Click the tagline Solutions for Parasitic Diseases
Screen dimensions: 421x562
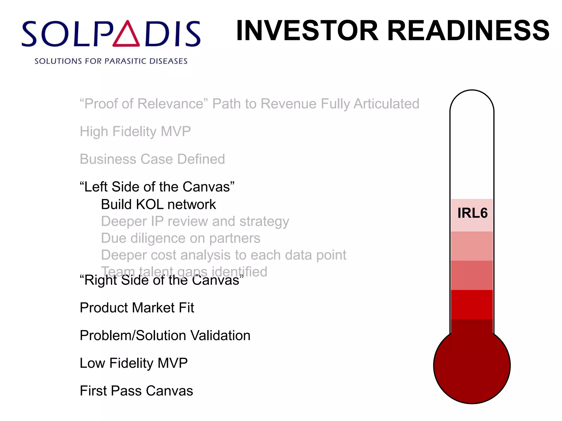111,61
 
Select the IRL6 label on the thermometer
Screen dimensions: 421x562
472,213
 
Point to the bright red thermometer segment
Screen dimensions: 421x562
472,304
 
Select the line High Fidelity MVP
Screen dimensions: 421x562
135,132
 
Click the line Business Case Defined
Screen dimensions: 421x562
152,159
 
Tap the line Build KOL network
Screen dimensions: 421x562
158,204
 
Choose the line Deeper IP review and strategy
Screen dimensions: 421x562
195,221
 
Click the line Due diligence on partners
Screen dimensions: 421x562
181,238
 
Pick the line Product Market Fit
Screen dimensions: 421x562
137,308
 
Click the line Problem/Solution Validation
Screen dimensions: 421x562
165,335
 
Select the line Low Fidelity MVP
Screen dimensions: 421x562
134,363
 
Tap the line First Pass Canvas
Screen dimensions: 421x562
136,391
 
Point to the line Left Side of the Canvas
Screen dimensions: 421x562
157,187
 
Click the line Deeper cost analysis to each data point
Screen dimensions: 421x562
224,255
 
